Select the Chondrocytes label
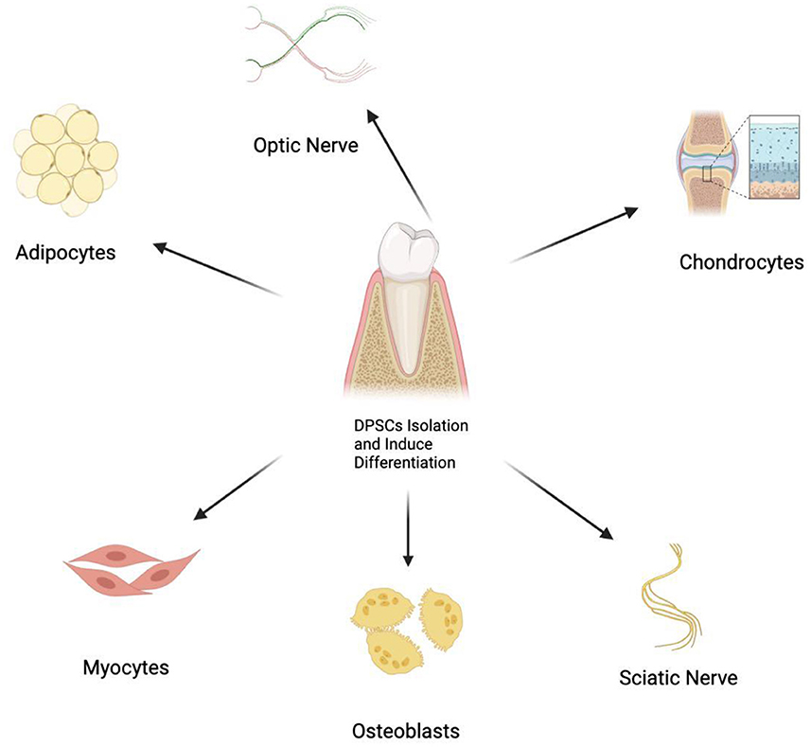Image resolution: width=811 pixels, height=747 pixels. (741, 260)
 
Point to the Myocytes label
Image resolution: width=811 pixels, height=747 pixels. (124, 667)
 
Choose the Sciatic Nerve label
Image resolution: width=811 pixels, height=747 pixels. (678, 678)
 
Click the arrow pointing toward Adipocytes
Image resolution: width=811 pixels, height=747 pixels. (218, 270)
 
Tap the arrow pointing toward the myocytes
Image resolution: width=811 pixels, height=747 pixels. (237, 488)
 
